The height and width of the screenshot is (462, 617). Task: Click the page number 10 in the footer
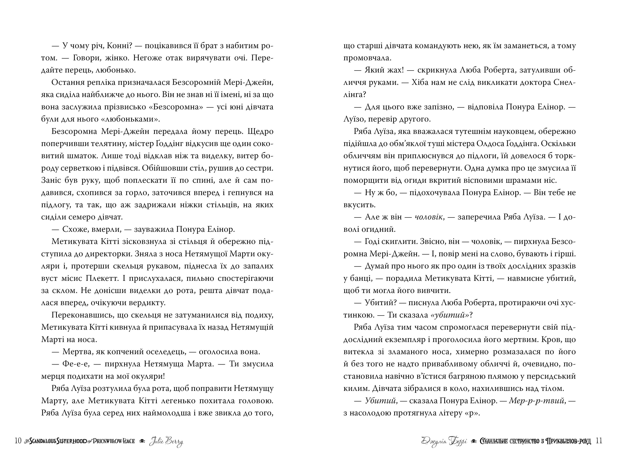coord(18,441)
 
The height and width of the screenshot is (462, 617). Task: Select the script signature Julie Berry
coord(166,441)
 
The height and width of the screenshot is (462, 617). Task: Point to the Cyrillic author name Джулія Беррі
coord(444,441)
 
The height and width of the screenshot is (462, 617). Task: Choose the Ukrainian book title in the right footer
coord(535,441)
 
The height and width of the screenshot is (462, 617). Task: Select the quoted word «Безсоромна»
coord(175,107)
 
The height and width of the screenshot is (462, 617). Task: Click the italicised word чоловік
coord(429,217)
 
